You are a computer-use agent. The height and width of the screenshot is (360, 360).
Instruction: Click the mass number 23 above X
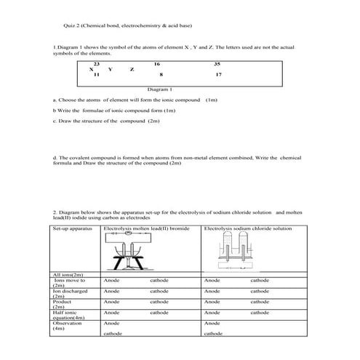(x=96, y=64)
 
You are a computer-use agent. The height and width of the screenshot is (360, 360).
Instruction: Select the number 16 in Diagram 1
(x=156, y=64)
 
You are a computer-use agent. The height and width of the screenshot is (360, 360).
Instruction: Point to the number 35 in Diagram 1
(x=217, y=64)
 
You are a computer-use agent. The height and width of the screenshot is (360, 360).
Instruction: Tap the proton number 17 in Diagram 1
(x=218, y=75)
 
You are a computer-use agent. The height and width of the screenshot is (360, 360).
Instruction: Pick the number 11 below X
(x=96, y=75)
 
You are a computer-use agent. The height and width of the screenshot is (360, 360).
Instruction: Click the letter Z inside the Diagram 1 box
(x=132, y=69)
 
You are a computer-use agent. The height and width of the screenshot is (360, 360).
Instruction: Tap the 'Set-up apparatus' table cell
(x=73, y=228)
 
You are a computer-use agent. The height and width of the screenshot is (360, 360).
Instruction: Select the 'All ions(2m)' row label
(x=68, y=274)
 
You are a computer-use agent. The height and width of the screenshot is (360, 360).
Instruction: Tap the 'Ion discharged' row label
(x=71, y=291)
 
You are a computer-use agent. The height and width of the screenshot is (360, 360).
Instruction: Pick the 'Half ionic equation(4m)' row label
(x=69, y=314)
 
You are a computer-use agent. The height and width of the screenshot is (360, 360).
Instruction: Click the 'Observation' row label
(x=68, y=322)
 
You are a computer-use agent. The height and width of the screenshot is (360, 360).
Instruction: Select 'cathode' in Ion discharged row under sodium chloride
(x=260, y=290)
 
